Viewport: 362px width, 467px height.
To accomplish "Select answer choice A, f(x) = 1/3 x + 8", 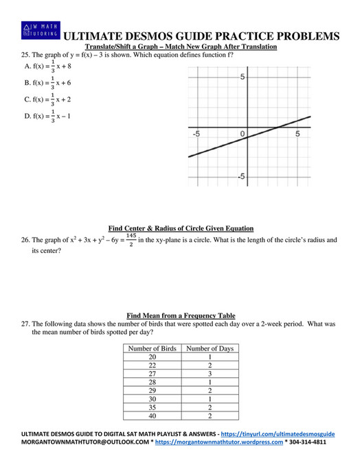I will click(48, 67).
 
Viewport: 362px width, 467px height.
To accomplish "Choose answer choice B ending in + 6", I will click(48, 83).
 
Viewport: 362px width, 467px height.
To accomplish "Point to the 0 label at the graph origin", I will click(242, 134).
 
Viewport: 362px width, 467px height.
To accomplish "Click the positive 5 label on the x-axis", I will click(297, 134).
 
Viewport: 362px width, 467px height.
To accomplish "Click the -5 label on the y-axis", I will click(241, 177).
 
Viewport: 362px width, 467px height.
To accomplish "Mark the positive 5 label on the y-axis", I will click(242, 77).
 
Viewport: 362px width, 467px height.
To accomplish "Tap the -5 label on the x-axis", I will click(196, 134).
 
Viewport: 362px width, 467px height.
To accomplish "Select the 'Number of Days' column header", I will click(210, 348).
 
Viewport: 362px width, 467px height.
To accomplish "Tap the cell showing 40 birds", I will click(152, 415).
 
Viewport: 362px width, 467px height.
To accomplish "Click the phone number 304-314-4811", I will click(308, 443).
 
